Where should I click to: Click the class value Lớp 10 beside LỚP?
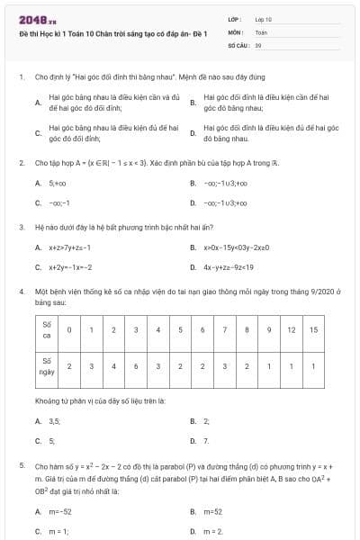click(x=263, y=18)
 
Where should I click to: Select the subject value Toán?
click(x=261, y=31)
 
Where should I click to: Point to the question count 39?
click(x=258, y=43)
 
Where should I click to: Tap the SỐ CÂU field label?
click(x=238, y=43)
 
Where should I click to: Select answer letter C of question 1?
click(x=38, y=133)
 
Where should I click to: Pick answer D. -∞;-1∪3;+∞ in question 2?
click(x=224, y=202)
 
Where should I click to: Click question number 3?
click(x=21, y=227)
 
